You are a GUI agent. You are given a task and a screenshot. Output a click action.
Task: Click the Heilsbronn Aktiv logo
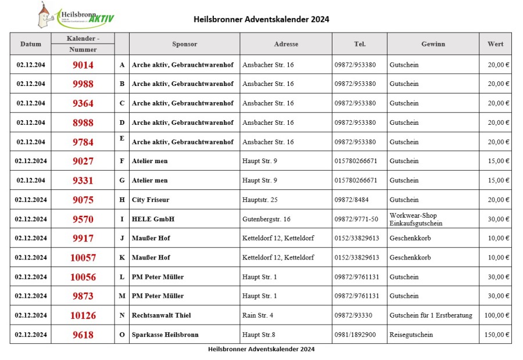point(75,16)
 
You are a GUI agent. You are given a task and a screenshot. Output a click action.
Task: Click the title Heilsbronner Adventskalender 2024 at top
point(261,19)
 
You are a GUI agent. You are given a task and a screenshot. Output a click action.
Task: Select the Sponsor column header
point(184,44)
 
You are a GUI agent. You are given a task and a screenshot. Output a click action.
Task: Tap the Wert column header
point(495,44)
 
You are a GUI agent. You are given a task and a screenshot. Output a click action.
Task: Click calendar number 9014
point(83,65)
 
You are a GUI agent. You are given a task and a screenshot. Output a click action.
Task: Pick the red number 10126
point(83,316)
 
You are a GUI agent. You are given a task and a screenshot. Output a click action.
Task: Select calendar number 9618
point(83,335)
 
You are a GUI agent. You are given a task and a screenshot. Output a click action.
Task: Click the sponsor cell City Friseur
point(151,200)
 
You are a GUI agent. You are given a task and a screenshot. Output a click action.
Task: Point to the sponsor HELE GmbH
point(153,219)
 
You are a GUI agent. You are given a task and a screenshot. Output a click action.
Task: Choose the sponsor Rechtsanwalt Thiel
point(161,315)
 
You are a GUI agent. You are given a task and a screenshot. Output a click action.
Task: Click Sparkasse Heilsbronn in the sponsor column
point(165,335)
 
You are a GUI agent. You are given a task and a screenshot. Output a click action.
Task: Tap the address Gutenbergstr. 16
point(266,219)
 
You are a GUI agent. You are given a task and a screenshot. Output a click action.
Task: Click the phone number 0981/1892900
point(355,335)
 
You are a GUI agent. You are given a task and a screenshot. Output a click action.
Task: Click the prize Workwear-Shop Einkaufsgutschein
point(415,219)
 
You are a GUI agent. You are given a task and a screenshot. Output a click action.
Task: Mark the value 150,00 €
point(498,335)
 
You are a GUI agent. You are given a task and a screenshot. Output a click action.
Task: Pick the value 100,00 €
point(498,315)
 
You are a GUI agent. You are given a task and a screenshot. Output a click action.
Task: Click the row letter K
point(122,258)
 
